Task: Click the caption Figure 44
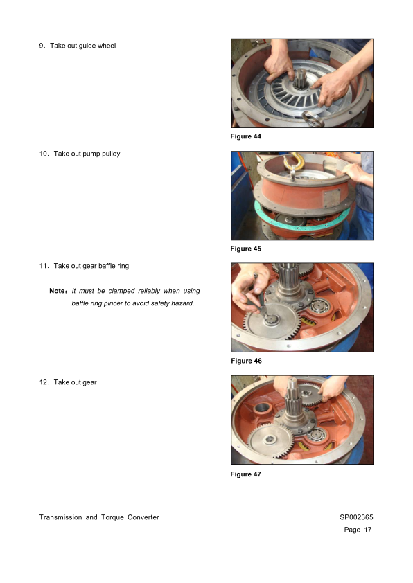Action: click(245, 136)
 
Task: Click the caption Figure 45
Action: click(245, 249)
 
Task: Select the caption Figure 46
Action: click(246, 361)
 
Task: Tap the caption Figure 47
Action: click(245, 474)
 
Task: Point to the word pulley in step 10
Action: click(111, 154)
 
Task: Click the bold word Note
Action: click(57, 291)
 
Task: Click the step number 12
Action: click(44, 382)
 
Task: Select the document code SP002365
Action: click(356, 517)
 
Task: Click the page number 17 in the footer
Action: click(367, 530)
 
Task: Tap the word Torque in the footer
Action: click(112, 517)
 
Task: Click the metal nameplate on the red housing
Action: click(331, 198)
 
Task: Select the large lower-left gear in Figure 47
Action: click(270, 442)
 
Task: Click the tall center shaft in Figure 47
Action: click(294, 402)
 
